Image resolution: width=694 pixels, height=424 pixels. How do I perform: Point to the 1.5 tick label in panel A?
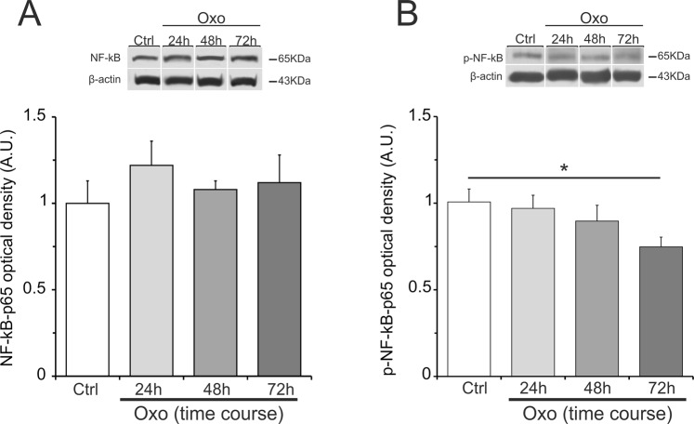point(35,117)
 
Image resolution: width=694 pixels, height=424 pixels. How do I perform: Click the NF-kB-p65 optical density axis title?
point(12,245)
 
